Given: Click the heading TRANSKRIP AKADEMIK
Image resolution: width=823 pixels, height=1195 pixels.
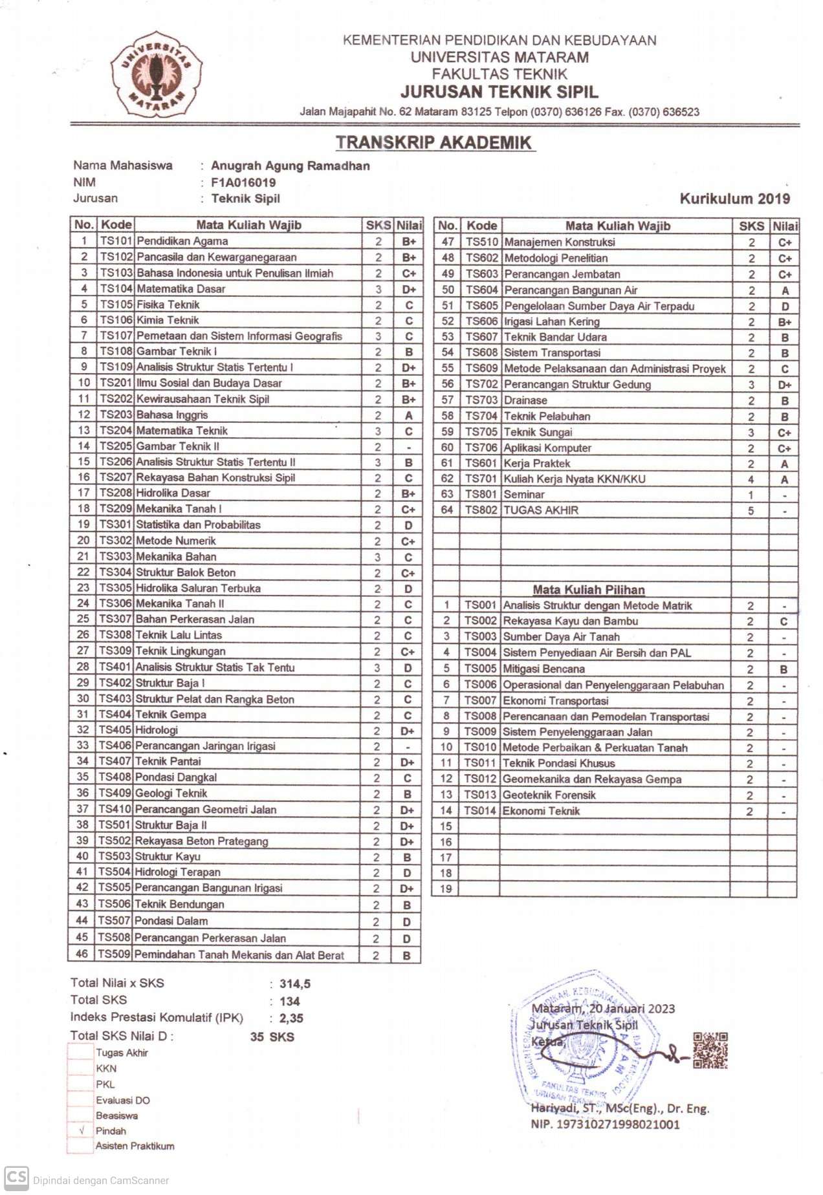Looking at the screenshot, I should pos(433,142).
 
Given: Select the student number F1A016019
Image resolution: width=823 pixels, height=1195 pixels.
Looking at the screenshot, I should pos(243,182).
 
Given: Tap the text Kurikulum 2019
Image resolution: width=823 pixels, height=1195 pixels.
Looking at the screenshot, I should pos(734,199).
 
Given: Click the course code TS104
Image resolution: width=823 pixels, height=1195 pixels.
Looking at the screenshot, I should pos(116,289).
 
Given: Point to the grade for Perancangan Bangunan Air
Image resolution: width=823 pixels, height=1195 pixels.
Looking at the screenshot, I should pos(784,290).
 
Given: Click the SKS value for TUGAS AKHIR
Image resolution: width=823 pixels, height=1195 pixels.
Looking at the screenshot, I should pos(751,511).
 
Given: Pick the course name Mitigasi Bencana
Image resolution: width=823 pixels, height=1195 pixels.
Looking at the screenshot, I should pos(543,669).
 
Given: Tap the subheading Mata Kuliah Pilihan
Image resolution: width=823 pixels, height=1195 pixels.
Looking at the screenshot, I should pos(588,590).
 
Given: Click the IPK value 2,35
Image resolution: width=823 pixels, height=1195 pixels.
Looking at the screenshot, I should pos(291,1018).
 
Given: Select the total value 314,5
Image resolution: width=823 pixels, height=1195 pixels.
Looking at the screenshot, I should pos(295,984).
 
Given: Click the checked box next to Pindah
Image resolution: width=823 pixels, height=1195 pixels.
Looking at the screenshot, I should pos(82,1131).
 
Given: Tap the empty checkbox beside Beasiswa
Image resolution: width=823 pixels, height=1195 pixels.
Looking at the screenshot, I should pos(82,1115).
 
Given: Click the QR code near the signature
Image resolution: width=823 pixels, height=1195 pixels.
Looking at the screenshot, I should pos(710,1050).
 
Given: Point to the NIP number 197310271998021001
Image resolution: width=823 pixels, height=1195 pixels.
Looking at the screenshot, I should pos(605,1124).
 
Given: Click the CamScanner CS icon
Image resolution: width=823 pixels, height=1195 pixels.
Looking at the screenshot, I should pos(16,1178).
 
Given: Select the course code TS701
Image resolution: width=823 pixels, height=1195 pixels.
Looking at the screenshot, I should pos(481,479).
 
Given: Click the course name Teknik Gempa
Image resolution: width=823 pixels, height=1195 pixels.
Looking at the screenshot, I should pos(171,715).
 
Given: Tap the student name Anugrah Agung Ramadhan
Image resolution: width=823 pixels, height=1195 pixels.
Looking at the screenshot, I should pos(291,166).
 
